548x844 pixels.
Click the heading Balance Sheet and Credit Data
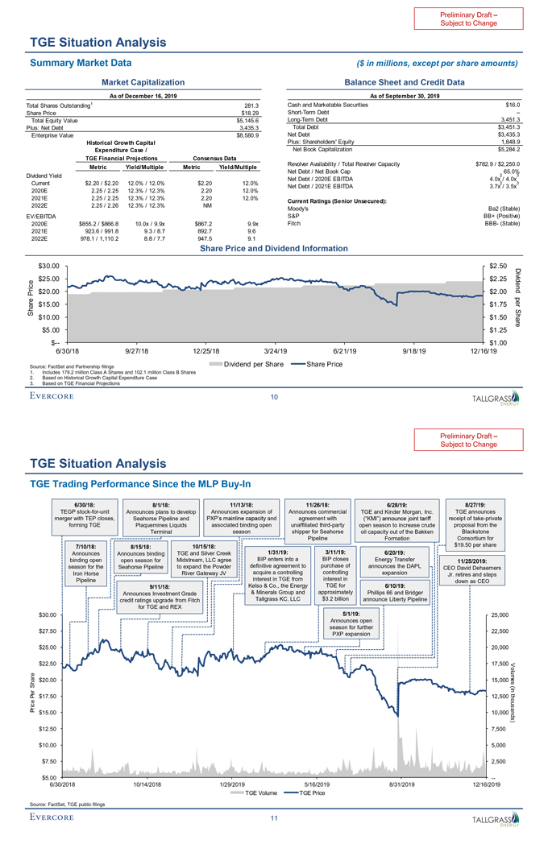pos(404,82)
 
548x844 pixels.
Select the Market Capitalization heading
pos(141,82)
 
